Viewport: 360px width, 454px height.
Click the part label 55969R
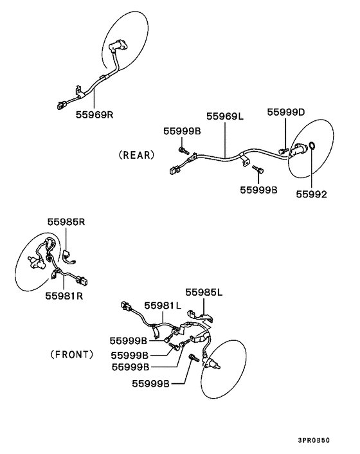click(x=94, y=114)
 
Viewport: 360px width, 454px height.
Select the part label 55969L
click(x=225, y=116)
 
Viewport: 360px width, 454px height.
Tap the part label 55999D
click(x=285, y=112)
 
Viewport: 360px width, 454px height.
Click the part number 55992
click(x=311, y=194)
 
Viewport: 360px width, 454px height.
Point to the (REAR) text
click(x=136, y=155)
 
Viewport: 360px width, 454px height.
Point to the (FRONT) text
click(x=72, y=354)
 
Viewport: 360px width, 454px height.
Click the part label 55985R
click(x=66, y=222)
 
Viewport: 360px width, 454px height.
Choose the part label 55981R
click(x=64, y=296)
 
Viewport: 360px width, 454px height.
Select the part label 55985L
click(x=204, y=293)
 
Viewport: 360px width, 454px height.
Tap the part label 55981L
click(x=163, y=305)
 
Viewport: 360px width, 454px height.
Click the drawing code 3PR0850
click(x=314, y=440)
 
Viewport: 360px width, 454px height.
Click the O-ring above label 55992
click(x=312, y=145)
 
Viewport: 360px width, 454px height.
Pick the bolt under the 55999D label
click(x=283, y=150)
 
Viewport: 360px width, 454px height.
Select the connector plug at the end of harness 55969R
click(x=62, y=105)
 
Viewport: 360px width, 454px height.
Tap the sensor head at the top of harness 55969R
click(x=118, y=46)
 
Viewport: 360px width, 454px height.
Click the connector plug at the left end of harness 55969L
click(x=174, y=170)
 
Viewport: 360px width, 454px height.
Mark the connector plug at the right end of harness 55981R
click(x=82, y=280)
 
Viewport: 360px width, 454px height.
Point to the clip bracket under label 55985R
click(x=69, y=258)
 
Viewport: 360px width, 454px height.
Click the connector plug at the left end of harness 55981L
click(x=126, y=306)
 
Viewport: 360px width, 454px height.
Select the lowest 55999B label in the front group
click(x=150, y=384)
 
